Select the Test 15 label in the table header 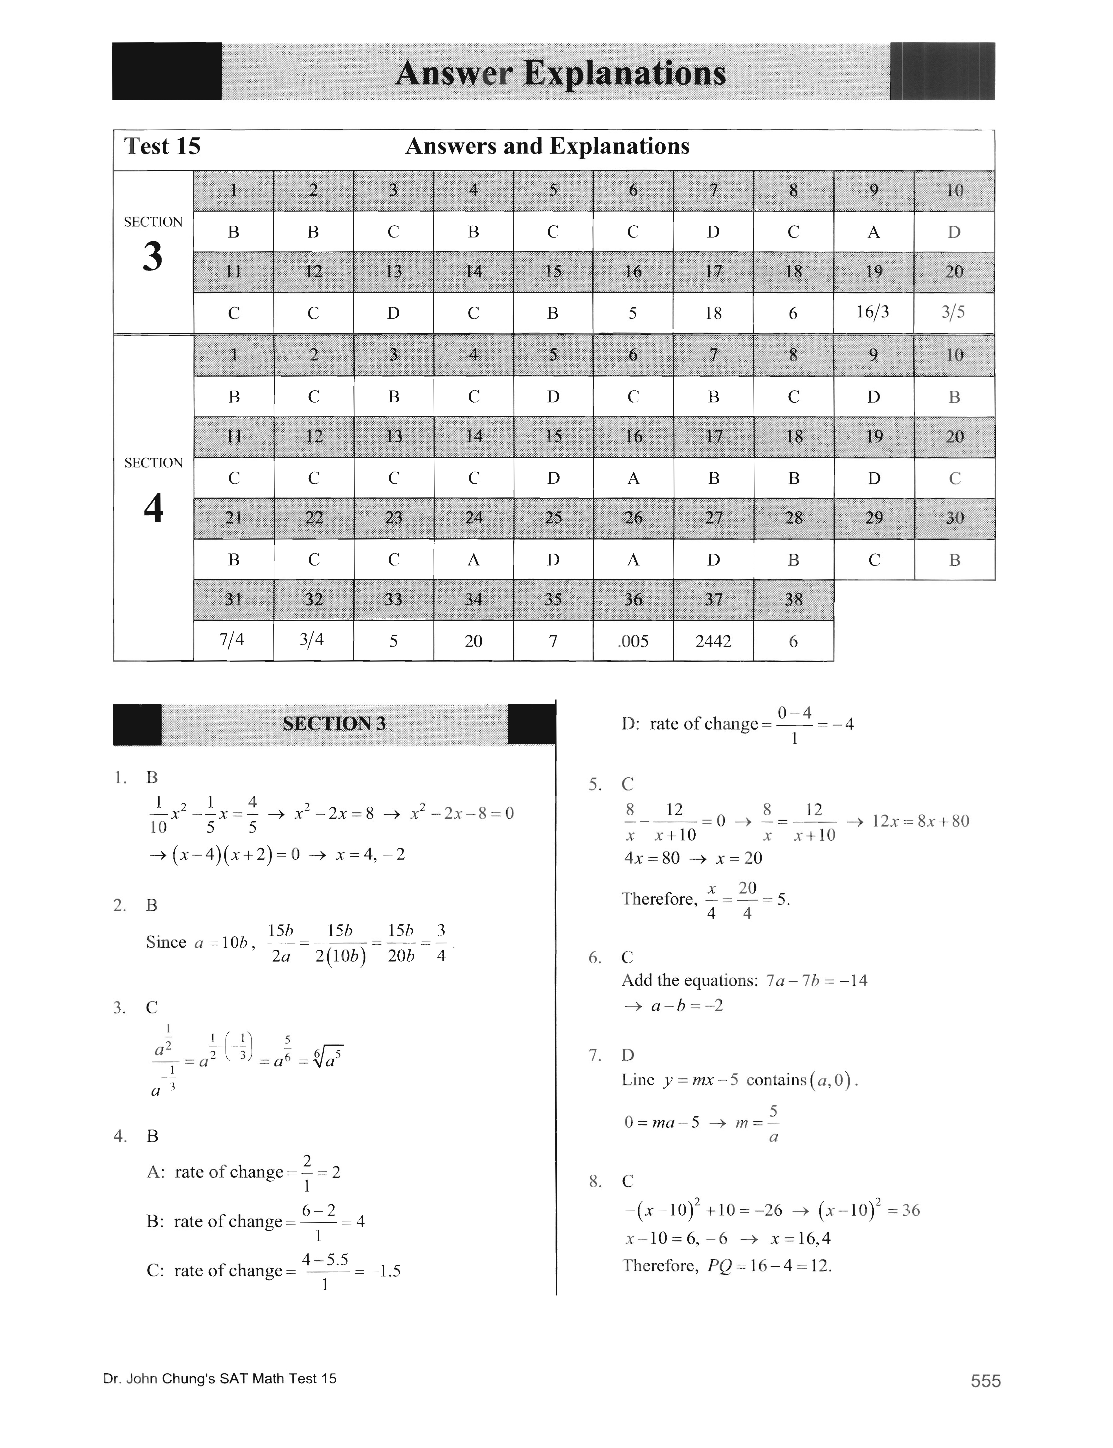pos(162,146)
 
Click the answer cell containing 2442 pos(713,641)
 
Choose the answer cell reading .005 pos(633,641)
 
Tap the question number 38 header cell pos(793,600)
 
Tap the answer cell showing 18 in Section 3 pos(713,313)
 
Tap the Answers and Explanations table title pos(547,146)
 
